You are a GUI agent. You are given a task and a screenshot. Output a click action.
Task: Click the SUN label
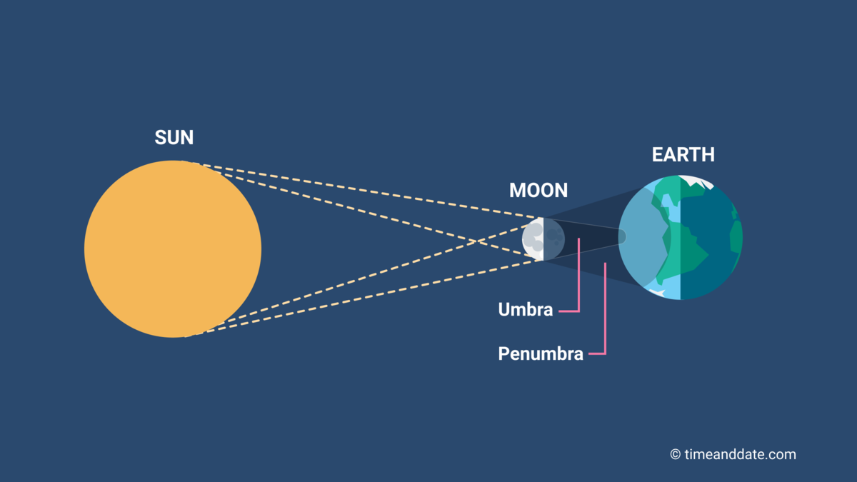[x=174, y=138]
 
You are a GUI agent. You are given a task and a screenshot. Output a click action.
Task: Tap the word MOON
[x=538, y=191]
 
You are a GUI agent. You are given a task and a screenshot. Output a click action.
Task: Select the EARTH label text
[x=683, y=155]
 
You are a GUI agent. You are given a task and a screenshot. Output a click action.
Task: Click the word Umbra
[x=526, y=310]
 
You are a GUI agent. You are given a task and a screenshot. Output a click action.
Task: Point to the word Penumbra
[x=541, y=353]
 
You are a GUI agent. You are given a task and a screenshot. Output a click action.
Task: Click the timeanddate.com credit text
[x=740, y=454]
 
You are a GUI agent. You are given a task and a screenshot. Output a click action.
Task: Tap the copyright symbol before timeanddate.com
[x=675, y=455]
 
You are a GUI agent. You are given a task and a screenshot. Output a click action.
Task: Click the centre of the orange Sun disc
[x=173, y=248]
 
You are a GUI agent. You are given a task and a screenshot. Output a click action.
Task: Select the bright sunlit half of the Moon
[x=533, y=239]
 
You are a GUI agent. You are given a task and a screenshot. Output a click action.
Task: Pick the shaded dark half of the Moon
[x=554, y=239]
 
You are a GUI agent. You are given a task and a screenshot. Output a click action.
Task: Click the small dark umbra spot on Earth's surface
[x=622, y=236]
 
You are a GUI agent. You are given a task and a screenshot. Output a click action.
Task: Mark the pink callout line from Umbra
[x=578, y=286]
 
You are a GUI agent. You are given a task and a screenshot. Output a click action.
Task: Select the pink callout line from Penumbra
[x=605, y=314]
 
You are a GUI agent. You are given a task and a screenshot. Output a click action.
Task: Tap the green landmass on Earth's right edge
[x=736, y=236]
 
